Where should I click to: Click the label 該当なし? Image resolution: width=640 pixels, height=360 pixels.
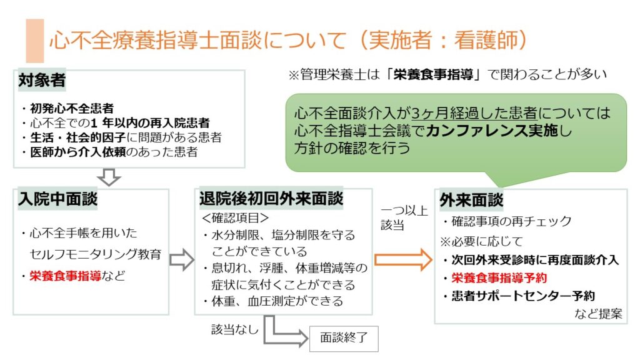(x=234, y=329)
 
